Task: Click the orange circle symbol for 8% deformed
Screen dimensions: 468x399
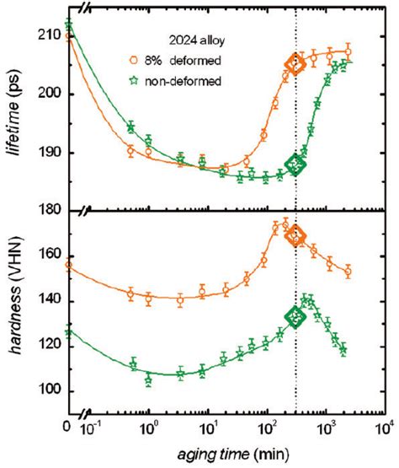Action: pyautogui.click(x=157, y=60)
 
